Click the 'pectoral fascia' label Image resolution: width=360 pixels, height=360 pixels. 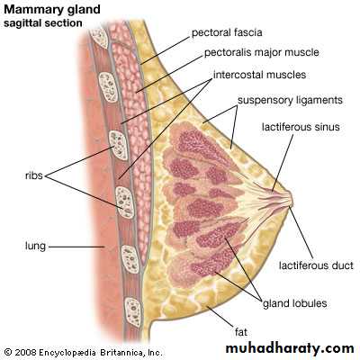coord(227,32)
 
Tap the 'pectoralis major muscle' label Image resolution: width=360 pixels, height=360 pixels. coord(262,53)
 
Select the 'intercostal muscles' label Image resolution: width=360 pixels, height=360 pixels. coord(260,75)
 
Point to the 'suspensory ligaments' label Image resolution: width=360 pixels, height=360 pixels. coord(290,100)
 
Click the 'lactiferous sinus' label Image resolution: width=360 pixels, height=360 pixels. coord(301,127)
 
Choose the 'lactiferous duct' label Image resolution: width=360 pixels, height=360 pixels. coord(316,265)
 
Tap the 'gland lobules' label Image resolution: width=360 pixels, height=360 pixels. coord(295,303)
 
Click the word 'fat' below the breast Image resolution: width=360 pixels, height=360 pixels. coord(241,332)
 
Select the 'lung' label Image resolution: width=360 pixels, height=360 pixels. coord(35,247)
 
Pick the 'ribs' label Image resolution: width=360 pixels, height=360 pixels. coord(34,175)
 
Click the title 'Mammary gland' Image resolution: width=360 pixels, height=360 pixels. coord(52,10)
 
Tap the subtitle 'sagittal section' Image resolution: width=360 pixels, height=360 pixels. coord(43,23)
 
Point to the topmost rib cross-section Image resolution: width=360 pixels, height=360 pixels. coord(99,38)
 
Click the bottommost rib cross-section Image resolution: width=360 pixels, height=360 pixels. coord(133,312)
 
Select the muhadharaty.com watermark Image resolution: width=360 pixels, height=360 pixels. coord(290,348)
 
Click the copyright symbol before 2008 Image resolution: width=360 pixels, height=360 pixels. coord(8,352)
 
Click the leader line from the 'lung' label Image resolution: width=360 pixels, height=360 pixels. coord(76,247)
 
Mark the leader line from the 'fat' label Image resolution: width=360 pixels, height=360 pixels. coord(220,317)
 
